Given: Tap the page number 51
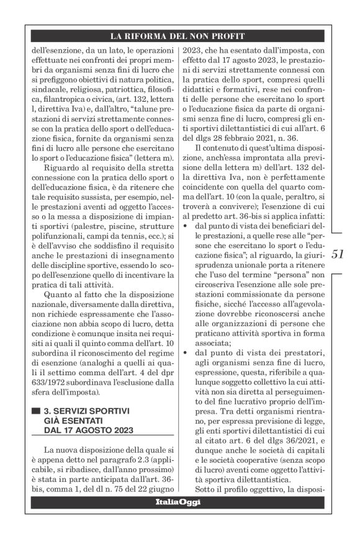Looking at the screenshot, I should pyautogui.click(x=338, y=254).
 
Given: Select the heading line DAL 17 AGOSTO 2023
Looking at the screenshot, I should pyautogui.click(x=88, y=430).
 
